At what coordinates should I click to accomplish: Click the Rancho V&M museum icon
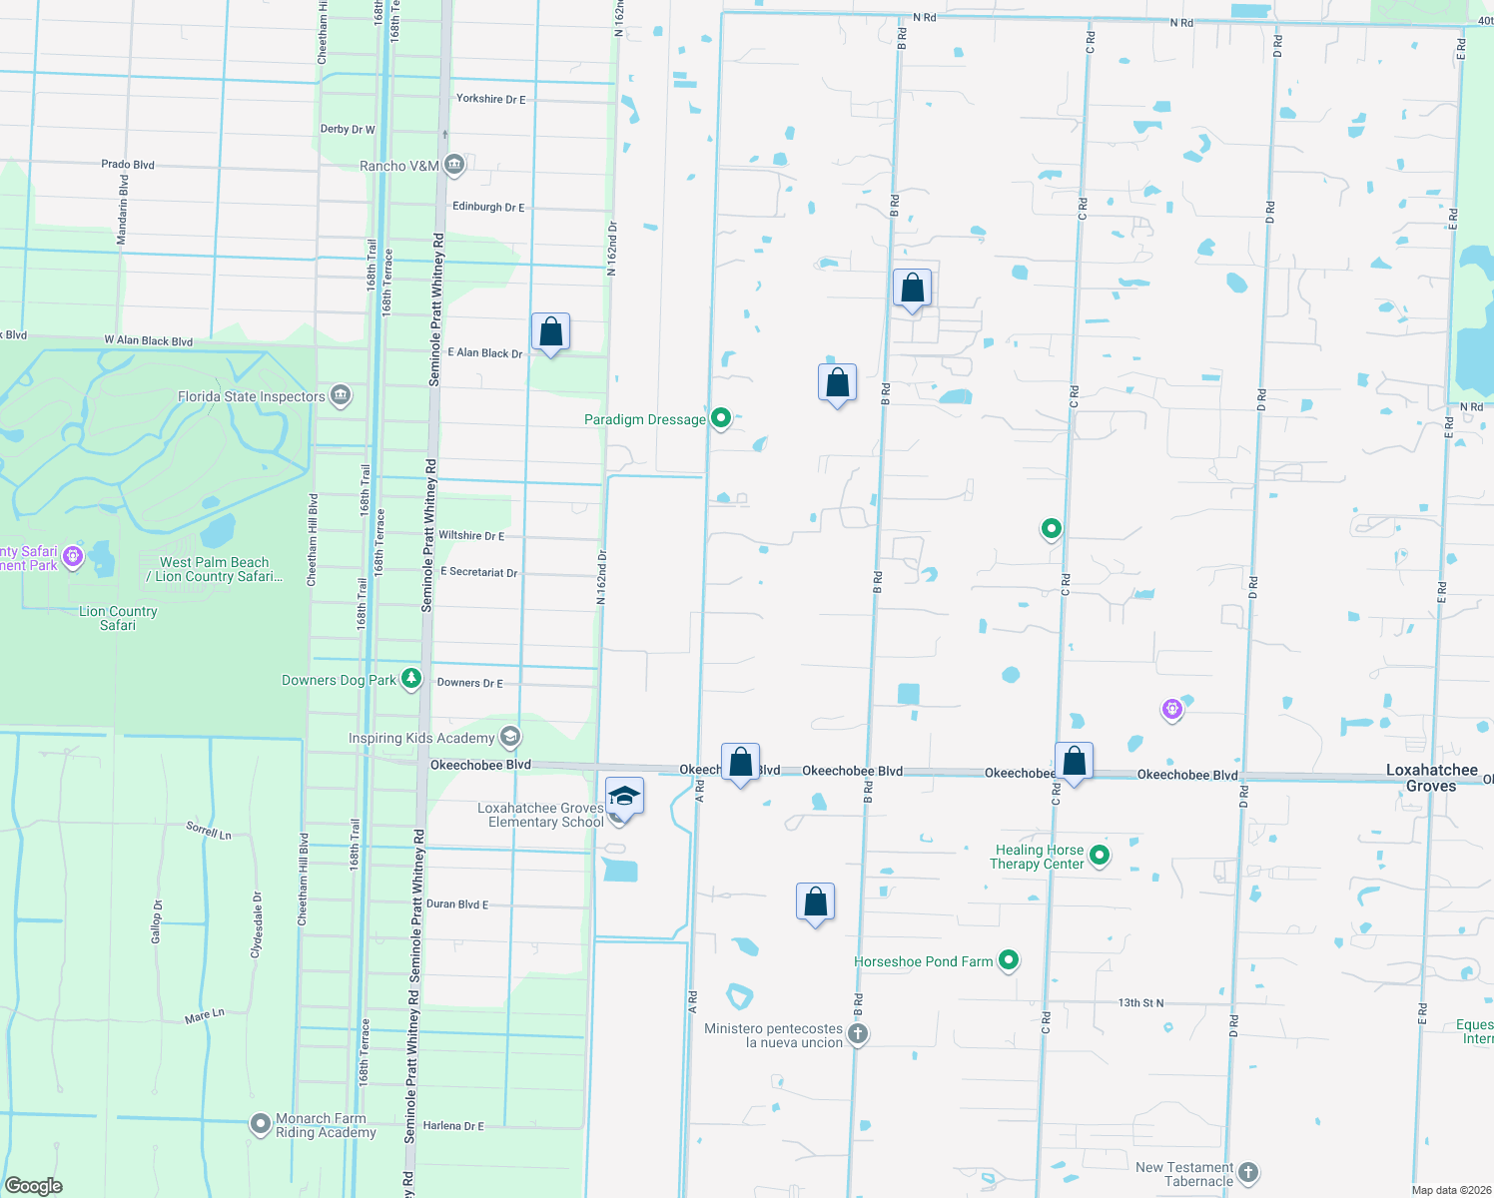click(454, 165)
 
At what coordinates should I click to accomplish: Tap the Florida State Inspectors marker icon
click(341, 396)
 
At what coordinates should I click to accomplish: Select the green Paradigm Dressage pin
click(721, 418)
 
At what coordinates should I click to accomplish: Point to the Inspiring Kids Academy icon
click(510, 738)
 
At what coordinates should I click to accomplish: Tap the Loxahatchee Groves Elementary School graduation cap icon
click(624, 797)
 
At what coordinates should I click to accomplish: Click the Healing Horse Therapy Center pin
click(1100, 855)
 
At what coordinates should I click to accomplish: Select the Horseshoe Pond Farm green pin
click(1009, 960)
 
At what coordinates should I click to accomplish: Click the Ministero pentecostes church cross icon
click(858, 1034)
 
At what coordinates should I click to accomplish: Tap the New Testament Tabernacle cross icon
click(1248, 1172)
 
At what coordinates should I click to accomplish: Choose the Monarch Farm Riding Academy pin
click(260, 1125)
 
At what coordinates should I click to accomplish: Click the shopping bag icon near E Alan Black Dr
click(550, 331)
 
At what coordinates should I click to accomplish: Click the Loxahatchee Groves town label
click(1431, 778)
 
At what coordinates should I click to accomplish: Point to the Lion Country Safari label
click(118, 618)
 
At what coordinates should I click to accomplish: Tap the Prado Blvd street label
click(128, 165)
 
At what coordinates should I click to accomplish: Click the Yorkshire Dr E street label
click(490, 99)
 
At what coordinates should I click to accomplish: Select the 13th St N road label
click(1140, 1003)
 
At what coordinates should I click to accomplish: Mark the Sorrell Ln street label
click(209, 830)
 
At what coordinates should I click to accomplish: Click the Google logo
click(34, 1185)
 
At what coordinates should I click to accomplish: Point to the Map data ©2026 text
click(1451, 1190)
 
